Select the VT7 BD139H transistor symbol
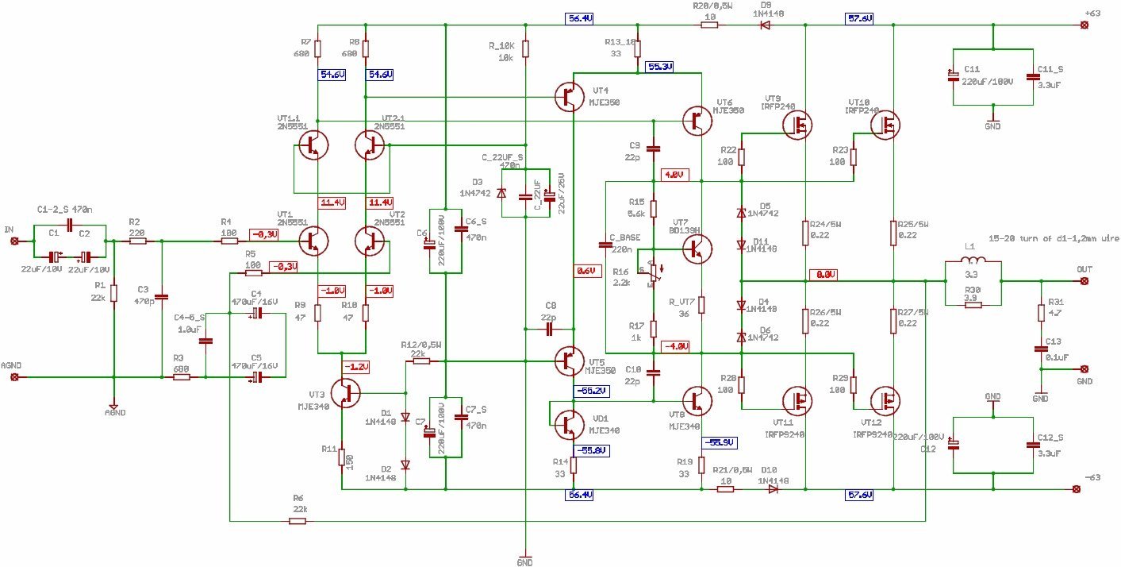pyautogui.click(x=696, y=248)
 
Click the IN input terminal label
pyautogui.click(x=10, y=229)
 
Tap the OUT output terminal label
pyautogui.click(x=1084, y=269)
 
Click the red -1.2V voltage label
pyautogui.click(x=355, y=366)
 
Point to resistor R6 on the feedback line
pyautogui.click(x=298, y=521)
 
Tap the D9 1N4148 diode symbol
pyautogui.click(x=766, y=25)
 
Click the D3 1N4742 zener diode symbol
pyautogui.click(x=501, y=193)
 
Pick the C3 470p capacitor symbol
pyautogui.click(x=162, y=297)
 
